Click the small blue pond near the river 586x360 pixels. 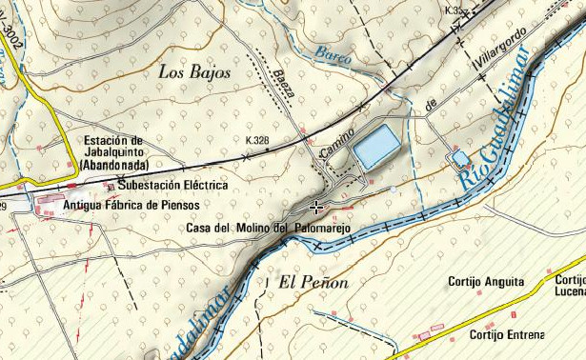[460, 158]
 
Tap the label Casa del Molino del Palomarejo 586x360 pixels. [270, 229]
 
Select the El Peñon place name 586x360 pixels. [313, 283]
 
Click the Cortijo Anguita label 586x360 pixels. [486, 282]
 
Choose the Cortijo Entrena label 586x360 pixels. [506, 334]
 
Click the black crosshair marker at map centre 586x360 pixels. [315, 206]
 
